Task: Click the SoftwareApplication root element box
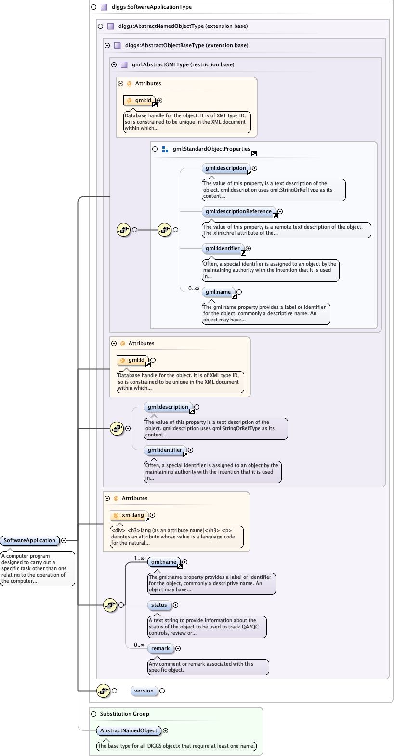tap(30, 541)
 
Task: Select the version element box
tap(144, 691)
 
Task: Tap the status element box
tap(159, 605)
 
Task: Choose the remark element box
tap(160, 649)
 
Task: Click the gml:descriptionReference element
tap(238, 212)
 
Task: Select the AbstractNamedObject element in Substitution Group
tap(129, 731)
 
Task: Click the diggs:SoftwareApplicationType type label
tap(152, 7)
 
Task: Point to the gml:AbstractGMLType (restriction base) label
tap(183, 65)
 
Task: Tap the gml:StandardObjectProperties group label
tap(211, 149)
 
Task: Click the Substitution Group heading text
tap(125, 714)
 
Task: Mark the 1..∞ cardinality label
tap(139, 559)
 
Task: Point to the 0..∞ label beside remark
tap(139, 645)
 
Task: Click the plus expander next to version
tap(162, 691)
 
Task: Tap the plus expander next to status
tap(176, 605)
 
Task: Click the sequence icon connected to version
tap(104, 691)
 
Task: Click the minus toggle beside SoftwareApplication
tap(64, 541)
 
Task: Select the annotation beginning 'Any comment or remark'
tap(208, 667)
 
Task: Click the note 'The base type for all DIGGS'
tap(176, 746)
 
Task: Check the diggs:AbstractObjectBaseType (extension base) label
tap(186, 46)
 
